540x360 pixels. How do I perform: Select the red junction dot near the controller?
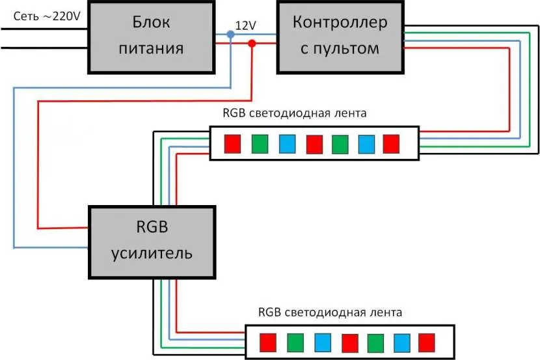(252, 44)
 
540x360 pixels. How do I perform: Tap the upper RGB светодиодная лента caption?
(295, 113)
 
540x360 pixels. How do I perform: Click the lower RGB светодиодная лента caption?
(331, 312)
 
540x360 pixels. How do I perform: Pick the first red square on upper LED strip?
(232, 143)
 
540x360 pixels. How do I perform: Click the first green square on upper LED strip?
(259, 143)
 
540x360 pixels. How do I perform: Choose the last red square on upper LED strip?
(391, 143)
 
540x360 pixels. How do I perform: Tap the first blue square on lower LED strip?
(321, 342)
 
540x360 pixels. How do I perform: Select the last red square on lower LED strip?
(427, 342)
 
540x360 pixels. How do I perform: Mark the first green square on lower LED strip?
(295, 342)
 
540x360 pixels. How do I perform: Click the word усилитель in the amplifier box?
(152, 252)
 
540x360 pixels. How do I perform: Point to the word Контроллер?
(340, 23)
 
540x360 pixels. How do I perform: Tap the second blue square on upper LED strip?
(366, 143)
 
